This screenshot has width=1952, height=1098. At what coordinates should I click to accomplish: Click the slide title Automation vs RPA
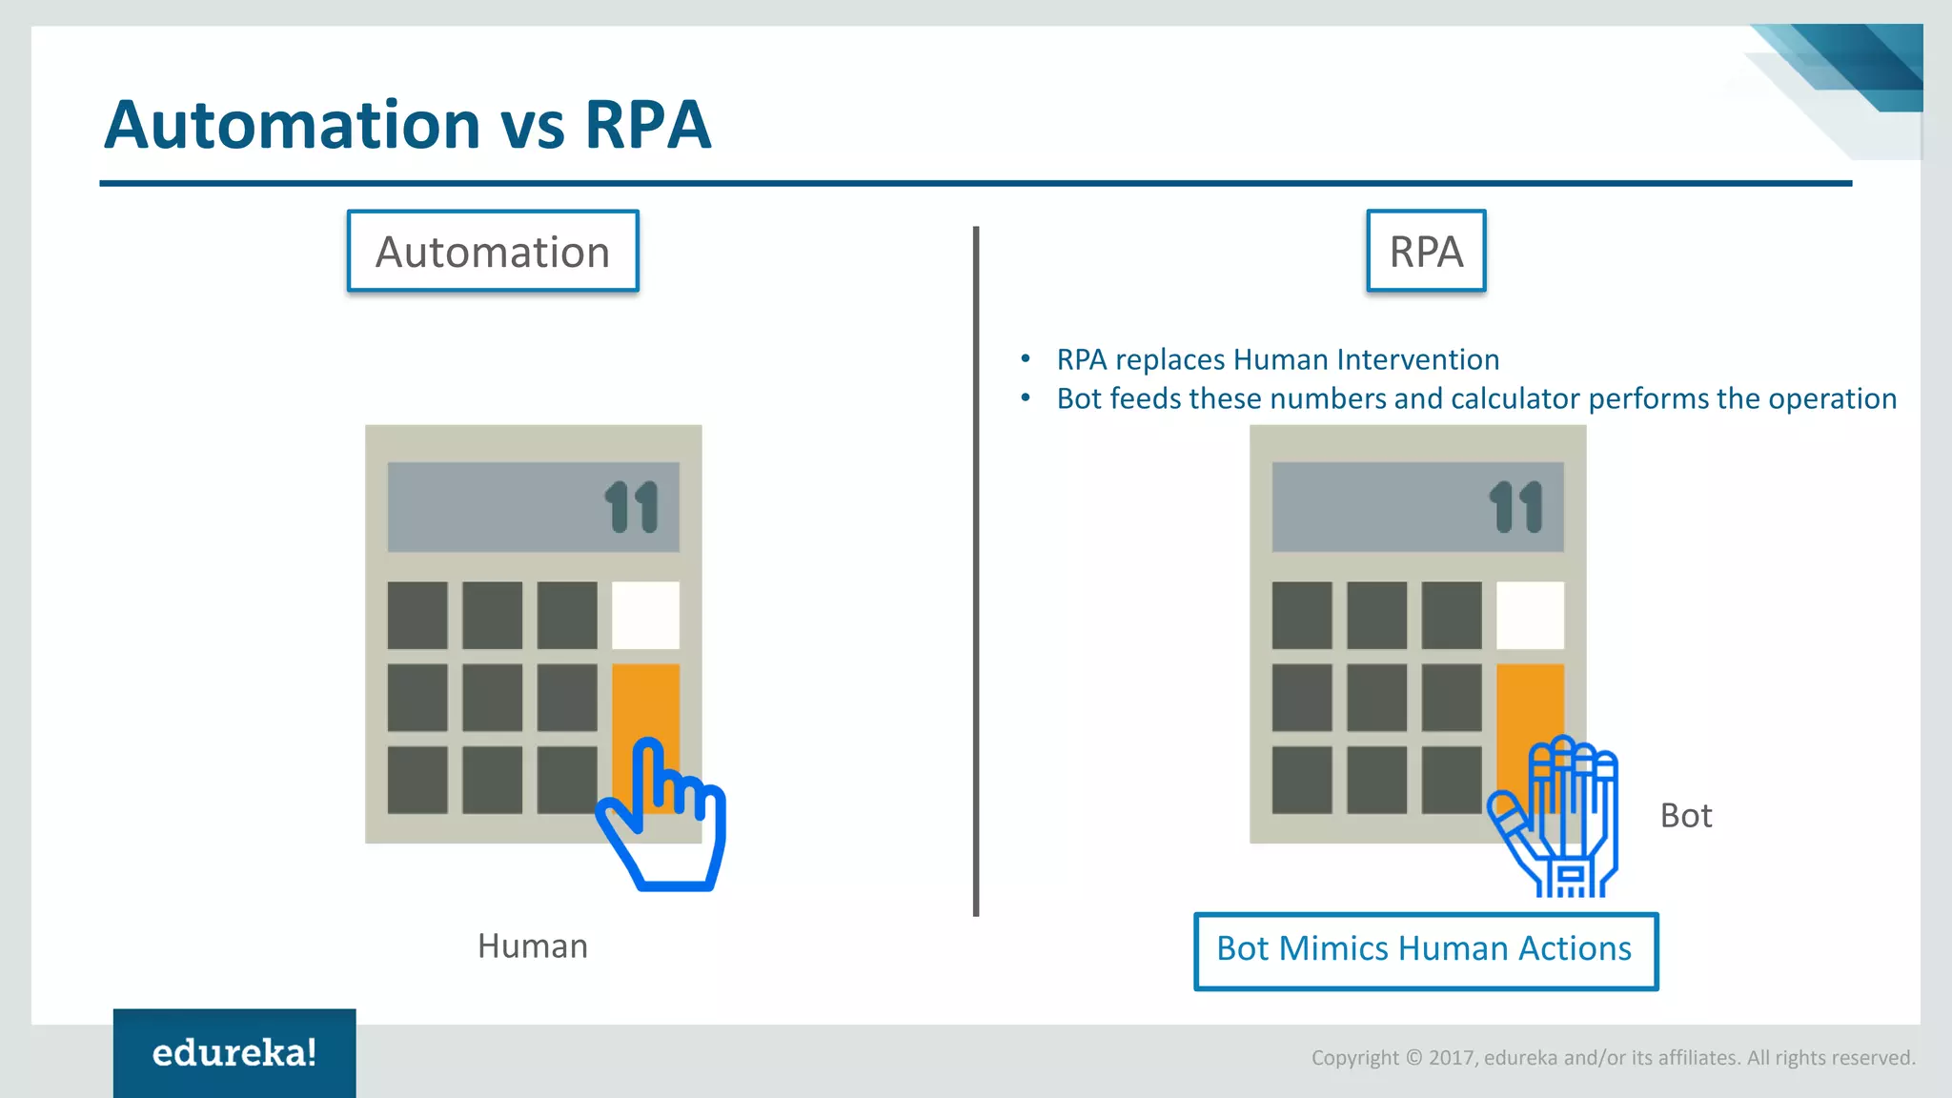[408, 125]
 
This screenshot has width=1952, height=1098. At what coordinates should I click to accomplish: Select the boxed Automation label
[493, 252]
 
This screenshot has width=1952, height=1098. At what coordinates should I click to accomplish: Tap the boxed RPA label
[1426, 252]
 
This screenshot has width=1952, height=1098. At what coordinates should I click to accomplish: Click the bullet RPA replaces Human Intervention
[1277, 359]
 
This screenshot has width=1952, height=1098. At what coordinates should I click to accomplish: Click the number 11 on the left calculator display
[632, 506]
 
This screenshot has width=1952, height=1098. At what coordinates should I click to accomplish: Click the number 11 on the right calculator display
[1516, 506]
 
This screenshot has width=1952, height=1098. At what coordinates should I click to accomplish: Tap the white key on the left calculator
[645, 615]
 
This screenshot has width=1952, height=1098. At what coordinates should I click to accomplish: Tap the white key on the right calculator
[1530, 615]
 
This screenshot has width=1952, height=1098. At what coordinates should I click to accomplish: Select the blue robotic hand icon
[1558, 820]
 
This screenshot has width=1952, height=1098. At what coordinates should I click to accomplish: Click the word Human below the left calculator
[533, 946]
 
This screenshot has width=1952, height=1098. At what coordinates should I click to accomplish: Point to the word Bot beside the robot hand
[1686, 816]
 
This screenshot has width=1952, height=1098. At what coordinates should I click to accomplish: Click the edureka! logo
[234, 1052]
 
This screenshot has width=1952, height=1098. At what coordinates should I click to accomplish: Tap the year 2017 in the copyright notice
[1452, 1058]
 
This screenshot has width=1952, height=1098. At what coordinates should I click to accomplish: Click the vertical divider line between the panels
[976, 572]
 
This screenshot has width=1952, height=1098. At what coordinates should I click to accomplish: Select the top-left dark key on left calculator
[417, 615]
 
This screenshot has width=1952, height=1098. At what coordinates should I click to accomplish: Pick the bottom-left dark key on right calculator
[1302, 780]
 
